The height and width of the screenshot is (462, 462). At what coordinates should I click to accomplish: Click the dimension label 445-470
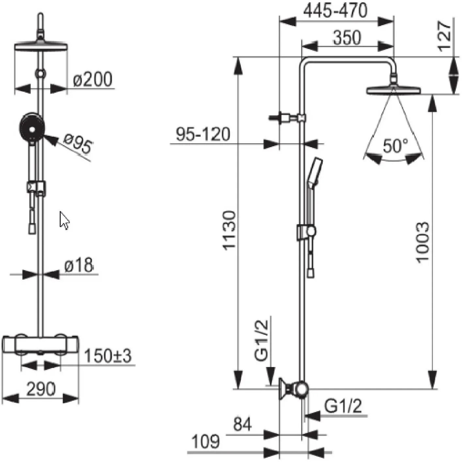335,10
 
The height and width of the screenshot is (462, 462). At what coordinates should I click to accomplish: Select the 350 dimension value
347,38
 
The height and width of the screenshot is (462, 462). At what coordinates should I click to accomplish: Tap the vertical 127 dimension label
444,37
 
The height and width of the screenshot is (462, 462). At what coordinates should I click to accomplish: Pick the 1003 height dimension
422,243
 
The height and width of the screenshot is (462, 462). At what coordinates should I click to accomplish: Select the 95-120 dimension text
203,134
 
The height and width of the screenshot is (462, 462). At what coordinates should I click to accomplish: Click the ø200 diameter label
93,79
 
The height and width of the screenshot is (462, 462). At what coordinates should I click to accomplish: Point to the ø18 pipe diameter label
79,265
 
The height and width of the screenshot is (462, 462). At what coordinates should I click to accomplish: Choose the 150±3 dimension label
108,356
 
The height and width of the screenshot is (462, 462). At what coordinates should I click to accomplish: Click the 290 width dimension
41,389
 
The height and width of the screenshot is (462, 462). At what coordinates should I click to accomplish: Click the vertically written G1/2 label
261,341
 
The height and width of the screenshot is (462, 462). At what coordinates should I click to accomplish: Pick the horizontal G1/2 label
343,406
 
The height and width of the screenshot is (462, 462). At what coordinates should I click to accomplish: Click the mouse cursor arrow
64,221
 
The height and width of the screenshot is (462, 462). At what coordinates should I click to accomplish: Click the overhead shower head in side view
393,90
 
